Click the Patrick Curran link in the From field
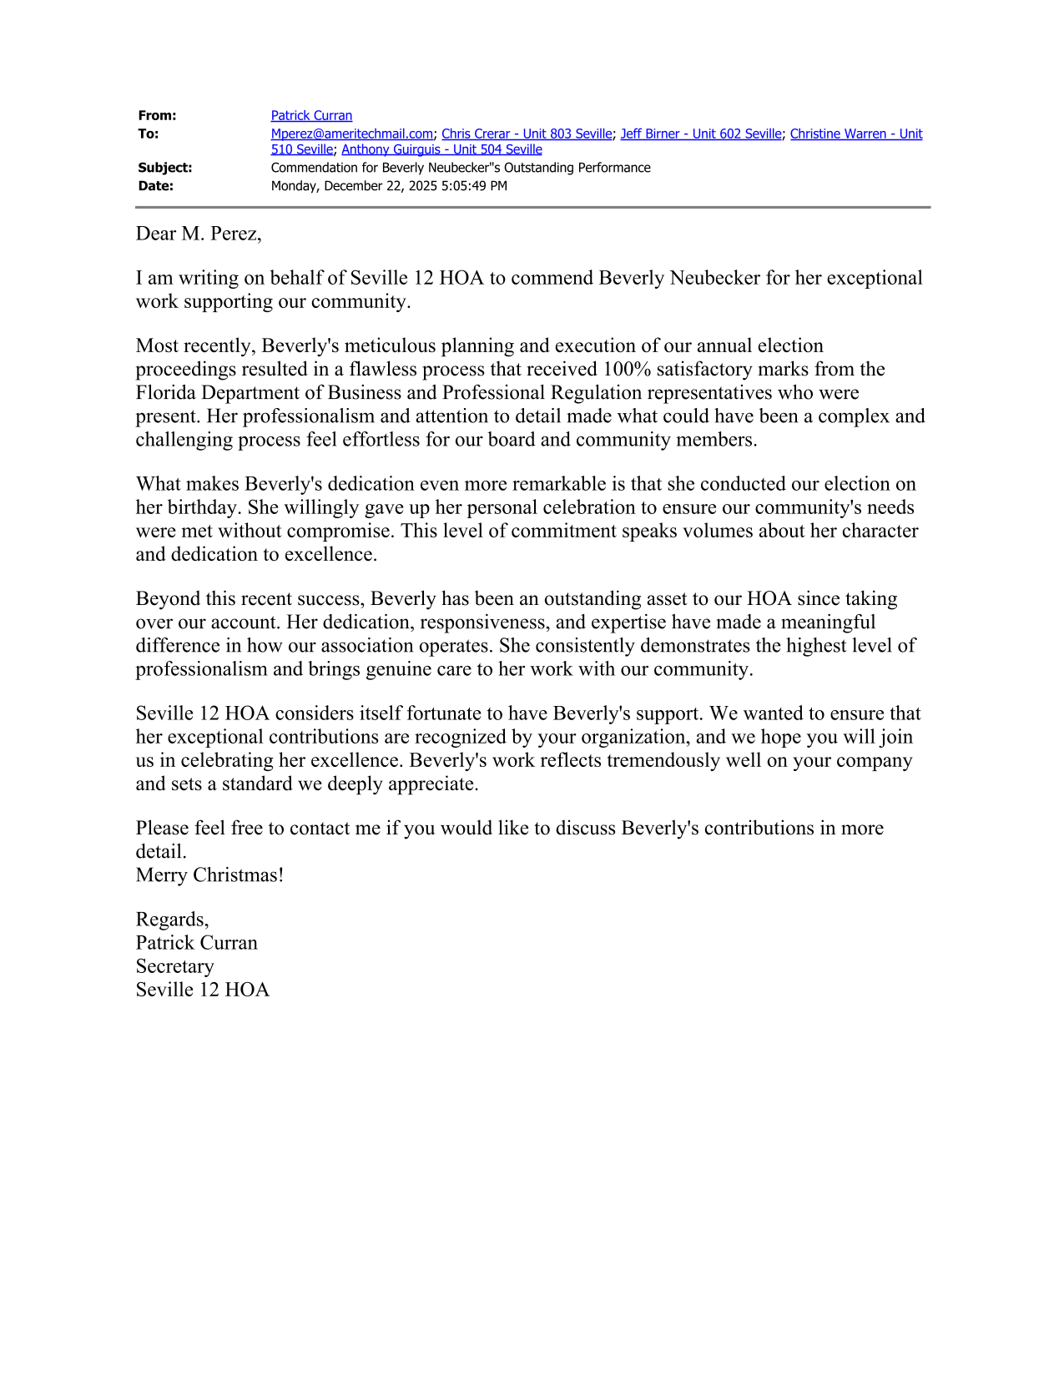pyautogui.click(x=311, y=116)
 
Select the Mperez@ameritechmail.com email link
pyautogui.click(x=351, y=134)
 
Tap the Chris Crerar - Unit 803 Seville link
pyautogui.click(x=527, y=134)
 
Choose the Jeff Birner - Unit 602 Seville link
pyautogui.click(x=700, y=134)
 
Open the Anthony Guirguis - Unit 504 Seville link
pyautogui.click(x=441, y=149)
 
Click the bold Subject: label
pyautogui.click(x=164, y=168)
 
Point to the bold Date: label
pyautogui.click(x=155, y=186)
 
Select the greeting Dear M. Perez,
pyautogui.click(x=199, y=234)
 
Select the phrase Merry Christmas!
pyautogui.click(x=209, y=875)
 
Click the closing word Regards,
pyautogui.click(x=172, y=920)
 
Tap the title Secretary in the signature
pyautogui.click(x=174, y=966)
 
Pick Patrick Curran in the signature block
pyautogui.click(x=196, y=943)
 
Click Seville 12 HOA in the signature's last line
pyautogui.click(x=202, y=990)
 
